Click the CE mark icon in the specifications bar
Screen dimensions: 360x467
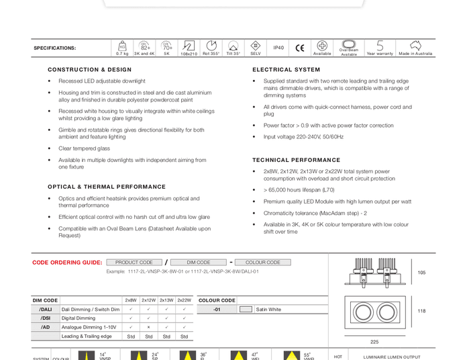point(299,48)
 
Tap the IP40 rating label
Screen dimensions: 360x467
point(278,48)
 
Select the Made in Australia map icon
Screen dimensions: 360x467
point(415,46)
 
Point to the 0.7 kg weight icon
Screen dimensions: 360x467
point(122,46)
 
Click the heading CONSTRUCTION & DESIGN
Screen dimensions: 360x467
point(89,69)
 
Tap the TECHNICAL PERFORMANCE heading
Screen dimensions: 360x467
point(296,160)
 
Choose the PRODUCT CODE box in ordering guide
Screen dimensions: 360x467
point(134,263)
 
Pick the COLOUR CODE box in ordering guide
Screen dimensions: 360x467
point(263,263)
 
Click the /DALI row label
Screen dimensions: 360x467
point(45,310)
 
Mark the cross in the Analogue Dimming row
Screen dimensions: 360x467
point(148,327)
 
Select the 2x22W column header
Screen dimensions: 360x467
point(184,300)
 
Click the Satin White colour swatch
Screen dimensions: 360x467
point(246,310)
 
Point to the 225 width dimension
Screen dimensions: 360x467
point(374,342)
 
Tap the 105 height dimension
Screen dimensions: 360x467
point(421,273)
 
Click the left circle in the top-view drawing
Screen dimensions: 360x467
point(363,312)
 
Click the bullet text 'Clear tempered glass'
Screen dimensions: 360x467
point(84,148)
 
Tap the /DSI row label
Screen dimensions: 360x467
point(45,318)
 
